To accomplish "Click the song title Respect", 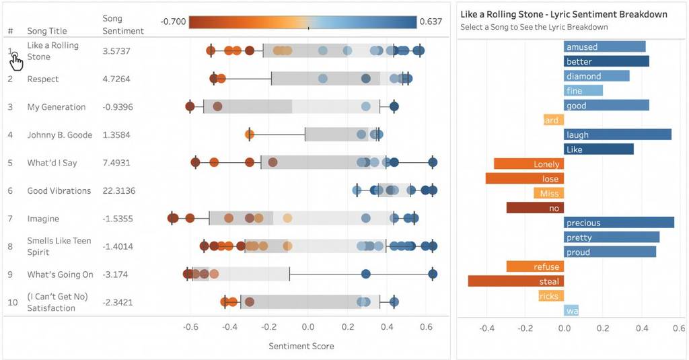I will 43,79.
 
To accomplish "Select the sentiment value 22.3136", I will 119,191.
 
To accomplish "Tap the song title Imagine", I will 43,219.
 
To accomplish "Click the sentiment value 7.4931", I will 116,163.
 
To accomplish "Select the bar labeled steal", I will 516,281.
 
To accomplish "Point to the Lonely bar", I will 529,164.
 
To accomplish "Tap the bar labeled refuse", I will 536,267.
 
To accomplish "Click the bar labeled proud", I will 610,252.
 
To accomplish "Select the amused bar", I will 605,47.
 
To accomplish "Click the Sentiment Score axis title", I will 301,347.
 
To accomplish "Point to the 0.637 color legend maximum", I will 431,22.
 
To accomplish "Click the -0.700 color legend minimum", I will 174,22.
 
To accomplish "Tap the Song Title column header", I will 46,31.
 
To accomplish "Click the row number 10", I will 13,302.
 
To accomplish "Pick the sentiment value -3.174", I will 115,275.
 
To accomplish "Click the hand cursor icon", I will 16,63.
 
